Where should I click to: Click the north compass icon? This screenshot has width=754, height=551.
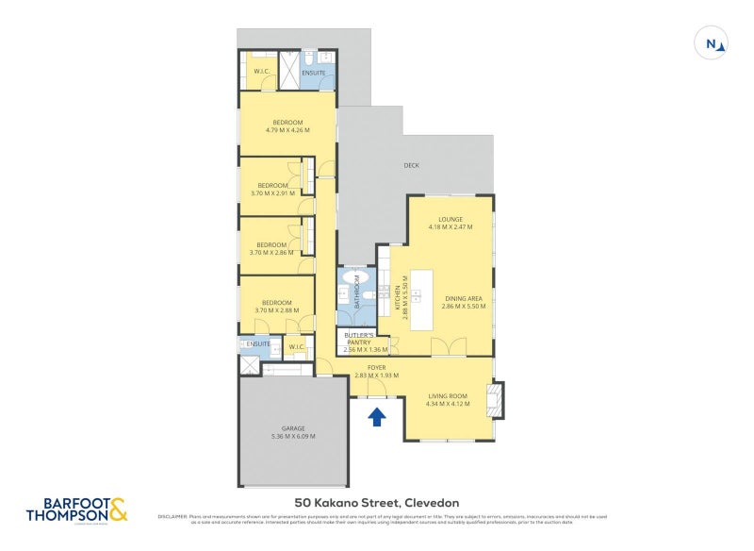(712, 42)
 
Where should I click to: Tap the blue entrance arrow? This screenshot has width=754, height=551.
(376, 415)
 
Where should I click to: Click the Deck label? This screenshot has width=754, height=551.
(411, 165)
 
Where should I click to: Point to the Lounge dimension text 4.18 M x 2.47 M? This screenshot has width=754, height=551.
(450, 227)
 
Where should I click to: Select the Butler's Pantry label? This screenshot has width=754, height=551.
(358, 339)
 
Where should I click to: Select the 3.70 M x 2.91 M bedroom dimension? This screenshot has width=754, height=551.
(272, 193)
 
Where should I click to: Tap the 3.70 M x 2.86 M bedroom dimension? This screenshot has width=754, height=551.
(271, 252)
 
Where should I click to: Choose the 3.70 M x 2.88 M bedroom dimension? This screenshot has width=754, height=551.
(276, 310)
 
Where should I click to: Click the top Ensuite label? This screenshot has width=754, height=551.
(313, 72)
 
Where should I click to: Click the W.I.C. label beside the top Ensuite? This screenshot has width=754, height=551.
(261, 72)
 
